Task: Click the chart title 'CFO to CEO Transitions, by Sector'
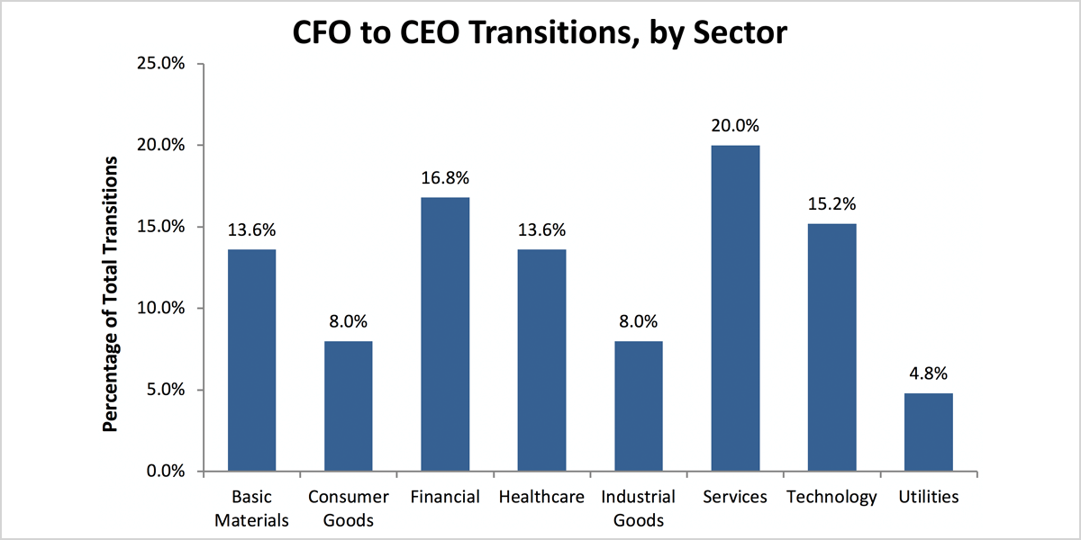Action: pyautogui.click(x=540, y=33)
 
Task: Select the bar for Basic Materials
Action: pyautogui.click(x=251, y=360)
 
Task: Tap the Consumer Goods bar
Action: pyautogui.click(x=349, y=406)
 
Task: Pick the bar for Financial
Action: pyautogui.click(x=445, y=334)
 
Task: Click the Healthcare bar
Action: pyautogui.click(x=541, y=360)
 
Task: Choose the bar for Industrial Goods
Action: pyautogui.click(x=639, y=406)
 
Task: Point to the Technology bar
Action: pyautogui.click(x=831, y=347)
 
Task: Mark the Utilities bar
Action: pyautogui.click(x=929, y=432)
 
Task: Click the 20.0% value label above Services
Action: pyautogui.click(x=735, y=126)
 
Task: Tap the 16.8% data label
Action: pyautogui.click(x=445, y=178)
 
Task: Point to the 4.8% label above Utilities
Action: pyautogui.click(x=929, y=373)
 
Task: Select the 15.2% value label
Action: pyautogui.click(x=831, y=204)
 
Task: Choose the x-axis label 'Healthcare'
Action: pyautogui.click(x=541, y=497)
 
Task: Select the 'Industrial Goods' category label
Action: pyautogui.click(x=639, y=508)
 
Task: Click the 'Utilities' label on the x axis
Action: pyautogui.click(x=929, y=497)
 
